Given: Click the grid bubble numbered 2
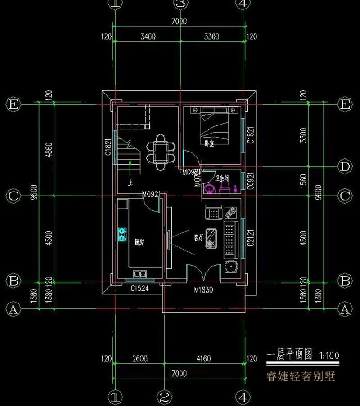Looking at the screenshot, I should [164, 397].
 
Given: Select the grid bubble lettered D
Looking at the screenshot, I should [345, 167].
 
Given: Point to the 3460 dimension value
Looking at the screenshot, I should [148, 36].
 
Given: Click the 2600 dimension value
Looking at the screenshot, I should [140, 359].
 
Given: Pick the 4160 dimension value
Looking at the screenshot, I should [204, 359].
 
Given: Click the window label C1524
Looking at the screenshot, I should [139, 288].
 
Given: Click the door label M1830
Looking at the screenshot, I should [203, 290].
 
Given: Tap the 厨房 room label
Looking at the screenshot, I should [139, 242].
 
